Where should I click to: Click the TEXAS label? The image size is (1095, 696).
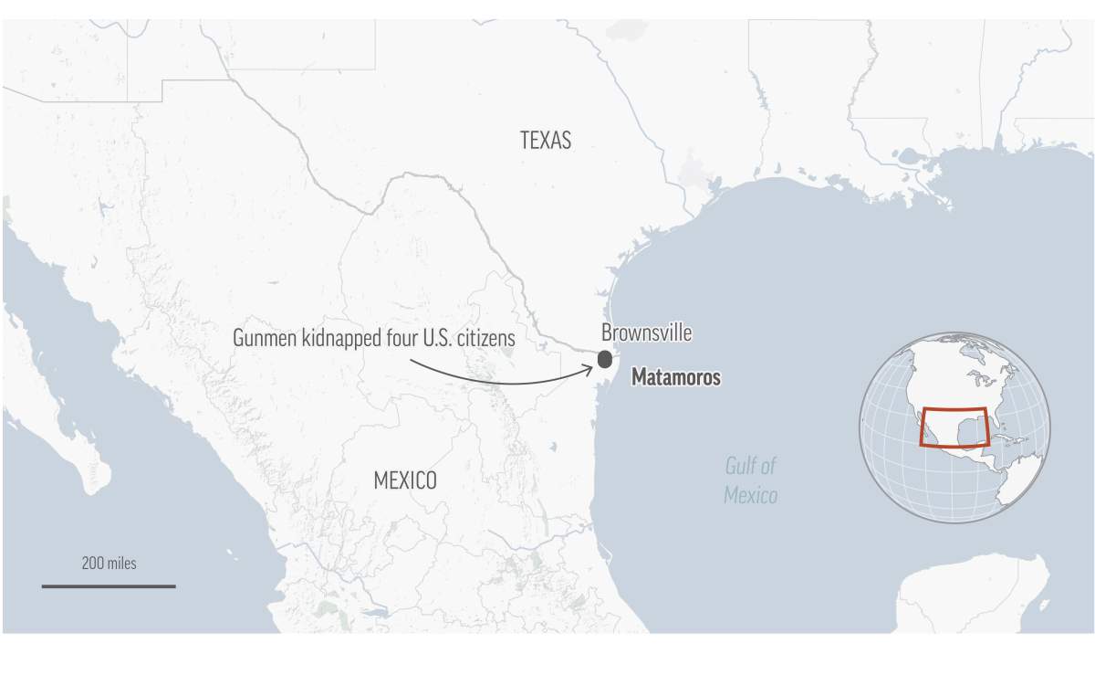[545, 140]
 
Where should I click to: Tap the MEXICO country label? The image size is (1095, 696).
[404, 480]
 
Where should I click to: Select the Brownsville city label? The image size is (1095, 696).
[646, 333]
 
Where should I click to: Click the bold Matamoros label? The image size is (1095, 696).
[675, 377]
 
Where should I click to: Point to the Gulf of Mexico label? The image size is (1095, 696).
[750, 480]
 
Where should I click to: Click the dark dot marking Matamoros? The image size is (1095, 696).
[604, 359]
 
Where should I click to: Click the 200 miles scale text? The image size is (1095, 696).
[109, 564]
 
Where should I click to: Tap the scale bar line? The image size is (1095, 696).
[109, 585]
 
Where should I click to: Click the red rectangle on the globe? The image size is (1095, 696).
[954, 427]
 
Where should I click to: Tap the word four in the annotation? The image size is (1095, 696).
[394, 338]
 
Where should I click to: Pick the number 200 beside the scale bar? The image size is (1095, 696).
[92, 564]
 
